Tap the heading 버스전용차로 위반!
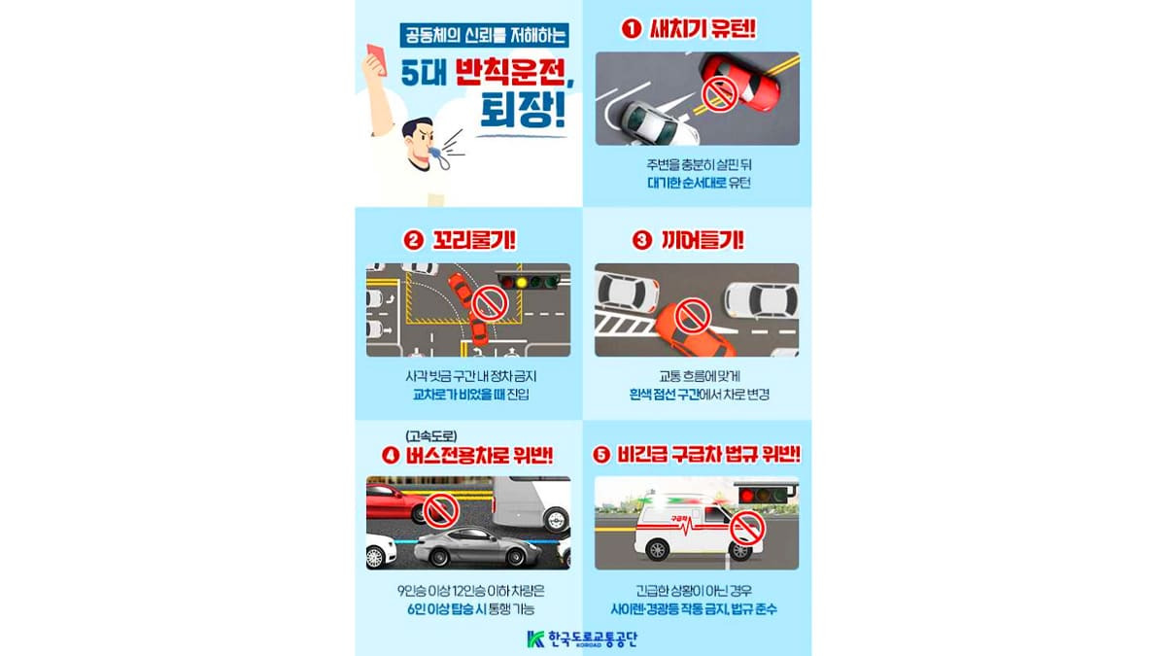click(x=469, y=454)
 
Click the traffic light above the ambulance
click(x=766, y=495)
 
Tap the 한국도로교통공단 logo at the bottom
click(x=583, y=639)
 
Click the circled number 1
click(x=632, y=29)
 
